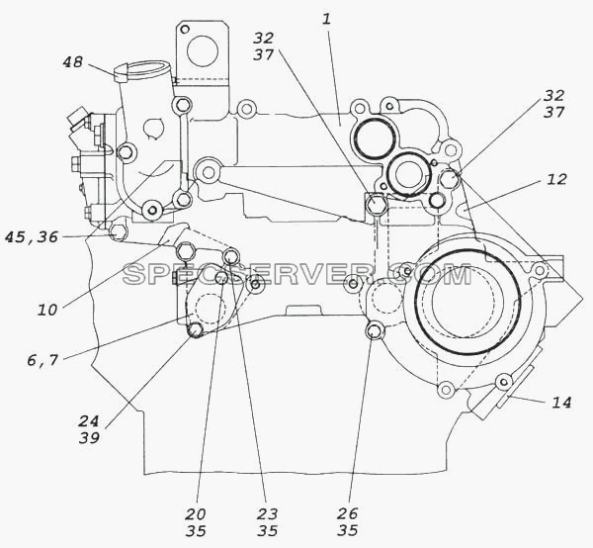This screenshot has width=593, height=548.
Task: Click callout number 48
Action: click(72, 62)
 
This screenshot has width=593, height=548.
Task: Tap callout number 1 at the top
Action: click(326, 19)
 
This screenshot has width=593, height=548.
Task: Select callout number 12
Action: click(556, 179)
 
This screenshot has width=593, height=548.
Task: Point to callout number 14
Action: click(561, 403)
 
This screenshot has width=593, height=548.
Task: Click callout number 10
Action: click(47, 311)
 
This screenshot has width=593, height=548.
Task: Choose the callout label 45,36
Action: click(32, 237)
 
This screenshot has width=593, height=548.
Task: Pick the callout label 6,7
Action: click(42, 360)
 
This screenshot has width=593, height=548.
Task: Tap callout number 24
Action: click(89, 420)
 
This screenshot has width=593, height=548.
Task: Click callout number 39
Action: click(89, 438)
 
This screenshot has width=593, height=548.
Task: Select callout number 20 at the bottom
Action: click(196, 514)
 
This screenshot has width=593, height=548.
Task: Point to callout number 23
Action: click(268, 514)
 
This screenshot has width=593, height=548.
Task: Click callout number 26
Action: click(347, 513)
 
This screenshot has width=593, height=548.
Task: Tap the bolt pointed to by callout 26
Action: click(374, 331)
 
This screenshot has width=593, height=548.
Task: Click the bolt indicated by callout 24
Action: click(195, 330)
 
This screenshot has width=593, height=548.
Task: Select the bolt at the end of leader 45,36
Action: click(118, 230)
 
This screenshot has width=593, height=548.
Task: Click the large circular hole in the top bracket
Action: click(203, 51)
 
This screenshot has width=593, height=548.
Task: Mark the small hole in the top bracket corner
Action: click(185, 29)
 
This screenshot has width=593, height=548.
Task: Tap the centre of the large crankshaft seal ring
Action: click(467, 303)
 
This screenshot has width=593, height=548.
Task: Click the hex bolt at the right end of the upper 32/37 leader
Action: click(449, 178)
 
